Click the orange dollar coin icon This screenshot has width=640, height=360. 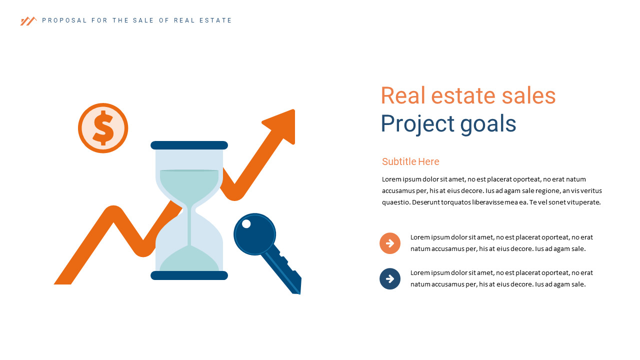coord(103,128)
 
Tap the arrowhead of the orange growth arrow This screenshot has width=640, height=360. coord(283,124)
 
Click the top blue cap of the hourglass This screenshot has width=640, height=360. coord(189,145)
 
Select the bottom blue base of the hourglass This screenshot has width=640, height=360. coord(189,275)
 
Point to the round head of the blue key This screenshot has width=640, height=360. coord(254,234)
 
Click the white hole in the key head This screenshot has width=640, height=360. coord(246,223)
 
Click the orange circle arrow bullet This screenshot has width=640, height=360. coord(390,243)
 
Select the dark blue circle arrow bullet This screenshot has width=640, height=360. coord(390,279)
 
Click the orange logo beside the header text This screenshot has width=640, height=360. coord(28,21)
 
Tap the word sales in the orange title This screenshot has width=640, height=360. coord(528,95)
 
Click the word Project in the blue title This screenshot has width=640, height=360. coord(418,124)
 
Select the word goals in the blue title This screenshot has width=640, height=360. coord(488,124)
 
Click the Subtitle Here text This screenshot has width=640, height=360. coord(410,161)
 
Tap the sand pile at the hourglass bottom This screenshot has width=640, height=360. coord(189,260)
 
